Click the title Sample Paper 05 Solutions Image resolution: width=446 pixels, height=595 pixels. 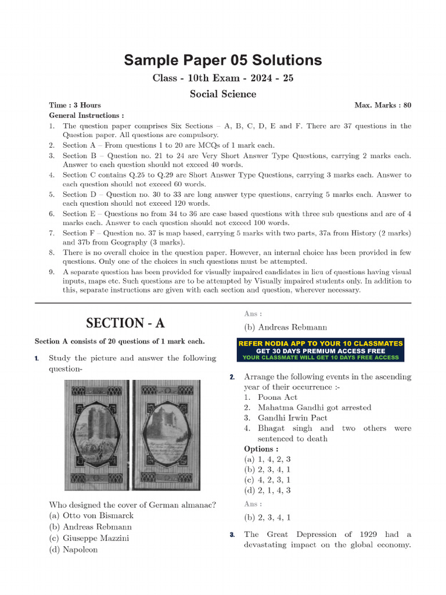pyautogui.click(x=223, y=60)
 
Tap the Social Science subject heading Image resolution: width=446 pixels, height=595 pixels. pyautogui.click(x=223, y=94)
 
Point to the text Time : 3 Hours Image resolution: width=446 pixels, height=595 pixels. pyautogui.click(x=75, y=105)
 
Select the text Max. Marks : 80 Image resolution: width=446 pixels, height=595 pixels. pyautogui.click(x=383, y=105)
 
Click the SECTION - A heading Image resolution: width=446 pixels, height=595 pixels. pyautogui.click(x=125, y=323)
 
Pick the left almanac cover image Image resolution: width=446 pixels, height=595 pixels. pyautogui.click(x=96, y=435)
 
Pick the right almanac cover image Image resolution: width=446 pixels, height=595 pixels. pyautogui.click(x=166, y=435)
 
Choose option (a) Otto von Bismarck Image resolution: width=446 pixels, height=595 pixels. pyautogui.click(x=91, y=515)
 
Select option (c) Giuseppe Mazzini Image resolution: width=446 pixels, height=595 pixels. pyautogui.click(x=89, y=538)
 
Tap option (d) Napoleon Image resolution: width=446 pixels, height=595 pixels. pyautogui.click(x=73, y=549)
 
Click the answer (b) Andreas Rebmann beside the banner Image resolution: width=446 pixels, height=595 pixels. pyautogui.click(x=285, y=327)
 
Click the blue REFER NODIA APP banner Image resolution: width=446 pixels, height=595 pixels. pyautogui.click(x=321, y=350)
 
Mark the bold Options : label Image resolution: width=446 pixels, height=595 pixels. pyautogui.click(x=261, y=449)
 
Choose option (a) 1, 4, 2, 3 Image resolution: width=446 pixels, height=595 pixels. pyautogui.click(x=267, y=459)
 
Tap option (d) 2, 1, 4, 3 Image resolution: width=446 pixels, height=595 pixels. pyautogui.click(x=267, y=490)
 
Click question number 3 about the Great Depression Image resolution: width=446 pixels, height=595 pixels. pyautogui.click(x=232, y=535)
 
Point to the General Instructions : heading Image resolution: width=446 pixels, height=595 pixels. pyautogui.click(x=86, y=116)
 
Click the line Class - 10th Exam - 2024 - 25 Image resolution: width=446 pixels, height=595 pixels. pyautogui.click(x=223, y=78)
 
